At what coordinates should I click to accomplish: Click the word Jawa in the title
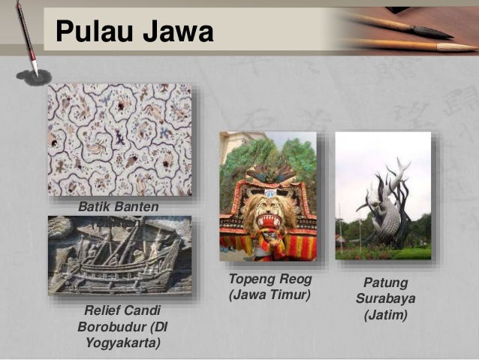tap(178, 32)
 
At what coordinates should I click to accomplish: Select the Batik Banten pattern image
tap(119, 139)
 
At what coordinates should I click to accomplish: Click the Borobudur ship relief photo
tap(119, 256)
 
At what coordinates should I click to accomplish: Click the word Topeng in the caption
tap(249, 280)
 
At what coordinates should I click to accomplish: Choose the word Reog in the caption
tap(293, 280)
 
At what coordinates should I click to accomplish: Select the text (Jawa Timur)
tap(268, 296)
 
